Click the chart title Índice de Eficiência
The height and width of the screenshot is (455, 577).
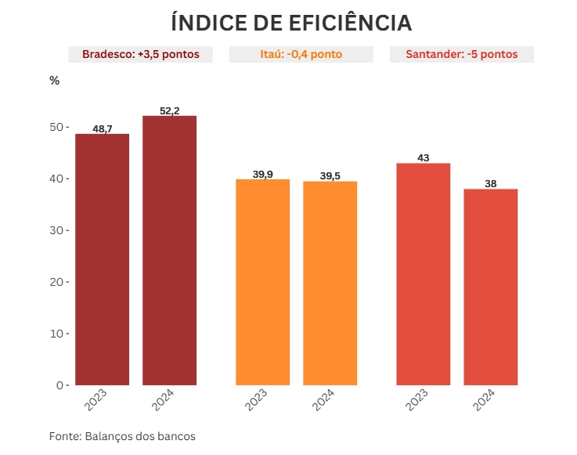[291, 23]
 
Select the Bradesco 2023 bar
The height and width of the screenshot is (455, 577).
[102, 259]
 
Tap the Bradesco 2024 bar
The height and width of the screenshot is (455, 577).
[169, 251]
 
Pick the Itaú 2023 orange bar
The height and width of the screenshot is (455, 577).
[263, 282]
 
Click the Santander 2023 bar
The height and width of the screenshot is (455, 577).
[424, 274]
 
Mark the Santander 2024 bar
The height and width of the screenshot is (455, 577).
[490, 287]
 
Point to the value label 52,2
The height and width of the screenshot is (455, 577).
[170, 111]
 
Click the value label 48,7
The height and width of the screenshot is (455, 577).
[103, 128]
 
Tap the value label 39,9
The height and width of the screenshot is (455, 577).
[263, 174]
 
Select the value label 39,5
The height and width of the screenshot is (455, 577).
[330, 175]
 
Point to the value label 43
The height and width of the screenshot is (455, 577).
[424, 157]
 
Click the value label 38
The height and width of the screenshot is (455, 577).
[491, 183]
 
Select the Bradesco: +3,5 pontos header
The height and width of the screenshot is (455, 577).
[140, 55]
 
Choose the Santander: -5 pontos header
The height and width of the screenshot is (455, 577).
[461, 55]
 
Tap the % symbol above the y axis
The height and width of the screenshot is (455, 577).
[54, 80]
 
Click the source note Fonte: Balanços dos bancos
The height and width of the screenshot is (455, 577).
[122, 436]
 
